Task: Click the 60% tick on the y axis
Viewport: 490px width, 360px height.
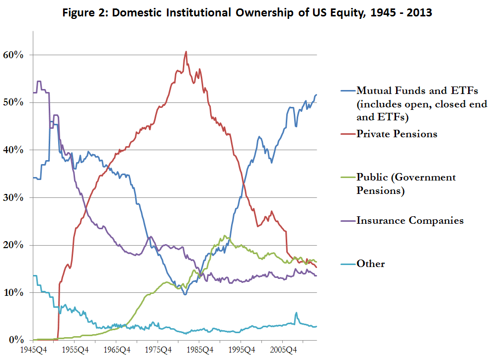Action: point(14,55)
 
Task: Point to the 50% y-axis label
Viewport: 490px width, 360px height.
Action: point(14,102)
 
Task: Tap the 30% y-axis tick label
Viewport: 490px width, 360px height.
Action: point(14,197)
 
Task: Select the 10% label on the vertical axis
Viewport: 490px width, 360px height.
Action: point(14,292)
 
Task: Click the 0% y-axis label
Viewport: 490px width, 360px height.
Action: point(17,340)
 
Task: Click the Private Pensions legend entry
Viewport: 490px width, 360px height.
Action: point(397,134)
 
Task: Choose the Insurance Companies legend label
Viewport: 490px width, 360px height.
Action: point(410,220)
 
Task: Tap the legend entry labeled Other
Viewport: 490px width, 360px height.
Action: point(371,264)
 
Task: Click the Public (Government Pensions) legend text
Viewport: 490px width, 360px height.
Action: point(406,184)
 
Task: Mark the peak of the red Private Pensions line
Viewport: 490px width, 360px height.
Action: point(186,51)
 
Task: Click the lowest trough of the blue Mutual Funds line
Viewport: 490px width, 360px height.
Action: point(185,294)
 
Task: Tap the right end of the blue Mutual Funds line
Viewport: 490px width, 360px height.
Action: point(316,94)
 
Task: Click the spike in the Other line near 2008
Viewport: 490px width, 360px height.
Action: point(296,313)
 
